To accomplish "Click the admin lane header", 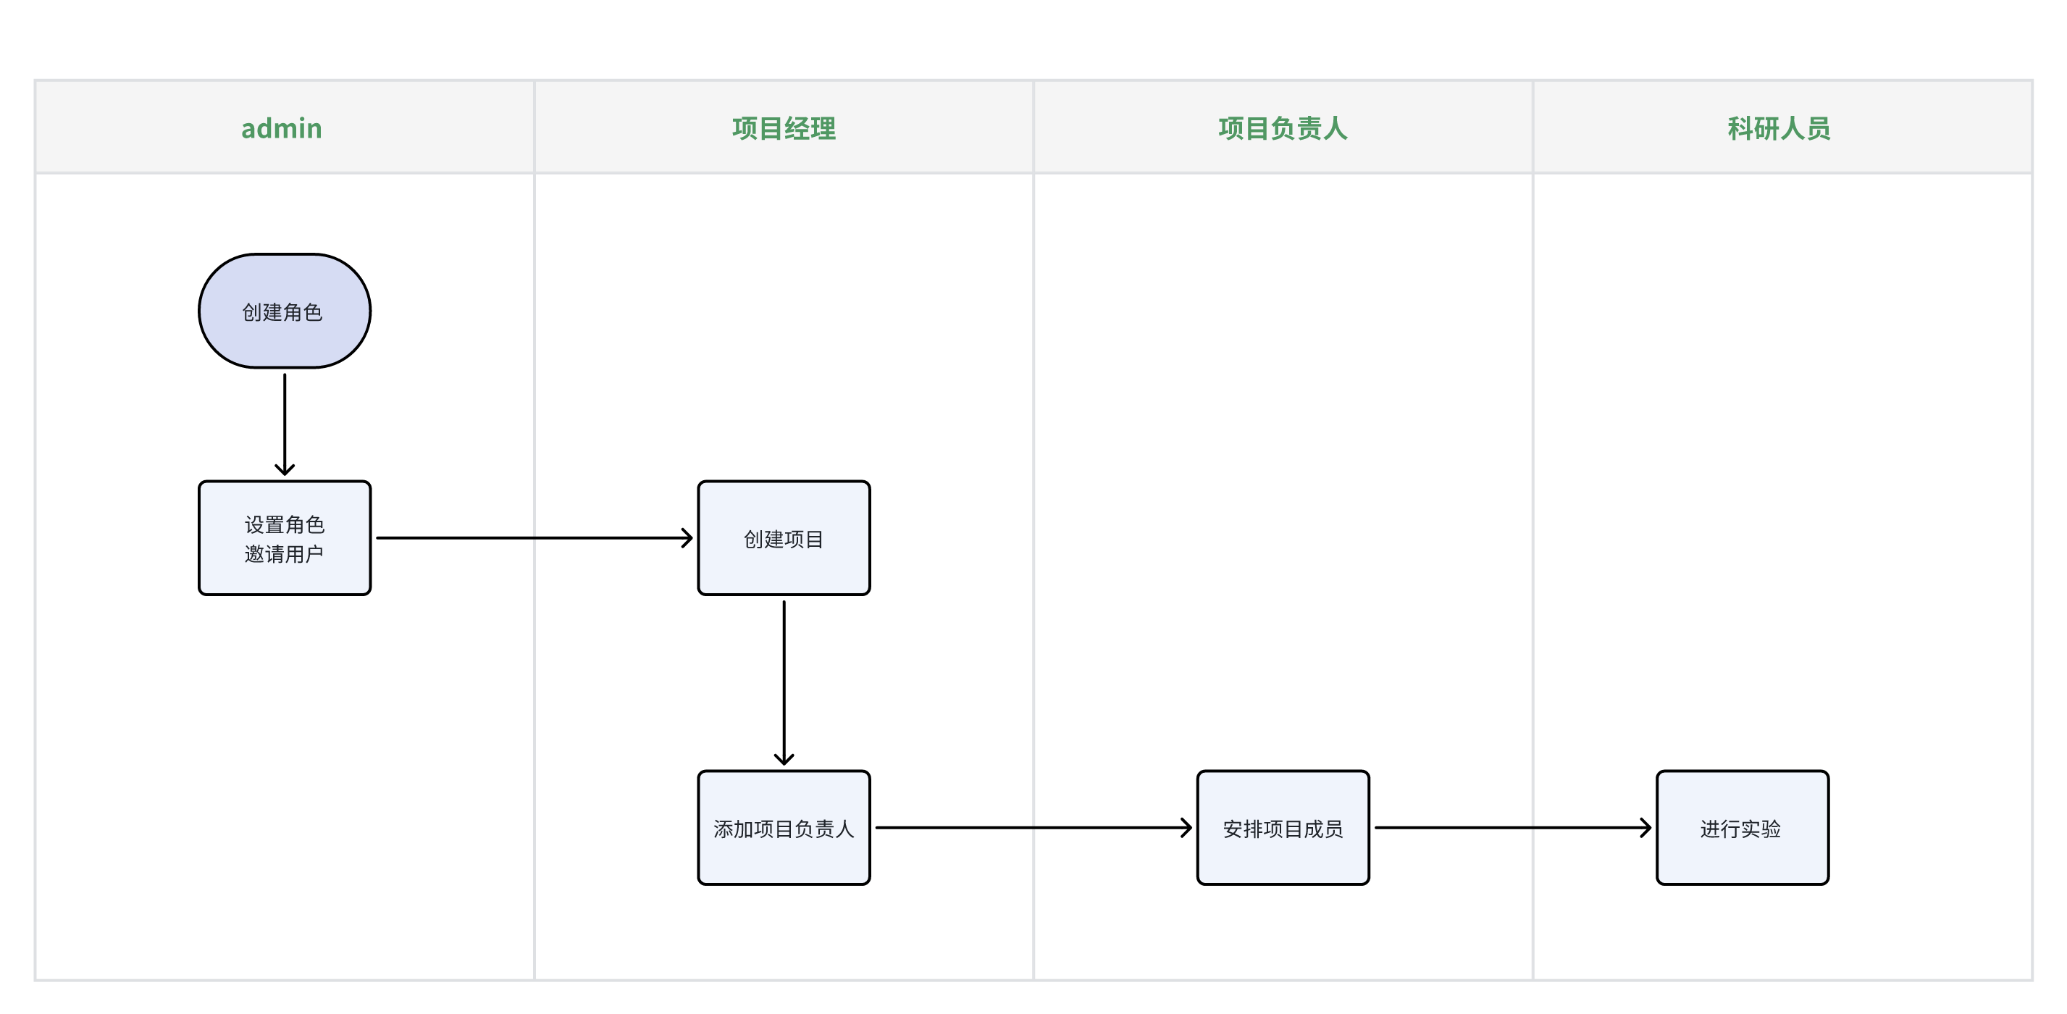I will point(282,128).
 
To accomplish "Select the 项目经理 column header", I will point(783,128).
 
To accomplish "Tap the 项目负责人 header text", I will point(1282,128).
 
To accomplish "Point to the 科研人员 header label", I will point(1778,128).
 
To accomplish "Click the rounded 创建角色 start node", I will point(284,311).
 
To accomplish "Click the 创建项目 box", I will point(783,538).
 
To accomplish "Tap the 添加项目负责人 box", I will point(783,828).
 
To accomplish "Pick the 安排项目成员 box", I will point(1282,828).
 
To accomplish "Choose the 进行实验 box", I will point(1742,828).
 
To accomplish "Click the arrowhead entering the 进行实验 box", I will point(1645,827).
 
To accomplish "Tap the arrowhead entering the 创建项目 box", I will point(687,537).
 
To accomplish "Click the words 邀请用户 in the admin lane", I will point(284,553).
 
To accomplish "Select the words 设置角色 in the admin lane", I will point(284,524).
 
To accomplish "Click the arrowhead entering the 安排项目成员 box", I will point(1187,827).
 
